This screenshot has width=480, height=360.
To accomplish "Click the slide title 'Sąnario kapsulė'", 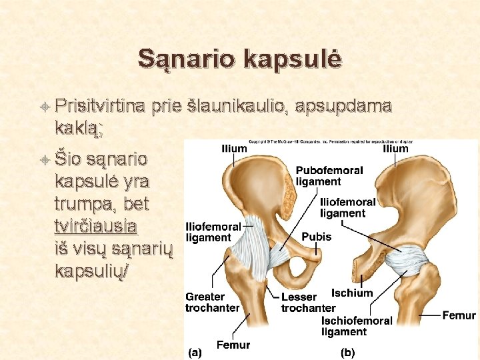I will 240,59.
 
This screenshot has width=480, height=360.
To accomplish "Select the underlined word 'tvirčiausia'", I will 96,225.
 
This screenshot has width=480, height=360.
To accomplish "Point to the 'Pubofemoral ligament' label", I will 329,175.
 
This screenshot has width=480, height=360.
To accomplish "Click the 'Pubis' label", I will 316,237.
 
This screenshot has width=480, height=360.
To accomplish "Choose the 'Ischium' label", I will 352,293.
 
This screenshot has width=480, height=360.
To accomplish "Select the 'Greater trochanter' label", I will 212,302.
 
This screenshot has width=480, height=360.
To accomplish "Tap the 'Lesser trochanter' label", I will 307,302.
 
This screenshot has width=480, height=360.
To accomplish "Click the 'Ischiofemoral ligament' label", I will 357,326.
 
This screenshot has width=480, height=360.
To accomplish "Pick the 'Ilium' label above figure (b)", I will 395,149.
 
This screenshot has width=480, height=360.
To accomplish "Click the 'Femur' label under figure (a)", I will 233,345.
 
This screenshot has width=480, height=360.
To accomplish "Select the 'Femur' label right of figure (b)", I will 459,315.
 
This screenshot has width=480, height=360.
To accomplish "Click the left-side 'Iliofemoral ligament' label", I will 213,232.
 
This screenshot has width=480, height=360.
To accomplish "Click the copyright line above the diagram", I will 331,141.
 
